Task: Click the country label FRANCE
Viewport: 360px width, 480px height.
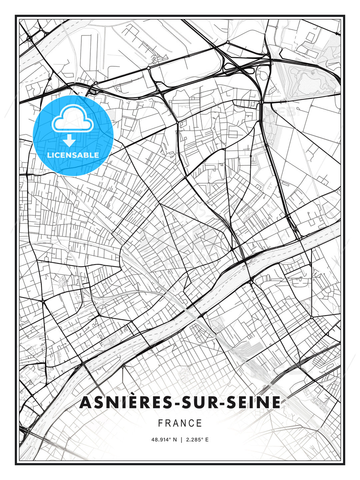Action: tap(180, 423)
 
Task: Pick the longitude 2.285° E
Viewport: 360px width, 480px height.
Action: tap(197, 440)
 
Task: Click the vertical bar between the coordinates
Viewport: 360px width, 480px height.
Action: tap(181, 440)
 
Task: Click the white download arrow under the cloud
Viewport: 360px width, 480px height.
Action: tap(69, 140)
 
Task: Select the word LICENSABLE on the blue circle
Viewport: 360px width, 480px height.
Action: tap(73, 155)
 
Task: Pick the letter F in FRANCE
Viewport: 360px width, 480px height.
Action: tap(160, 423)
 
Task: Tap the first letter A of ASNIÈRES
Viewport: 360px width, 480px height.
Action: tap(86, 402)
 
